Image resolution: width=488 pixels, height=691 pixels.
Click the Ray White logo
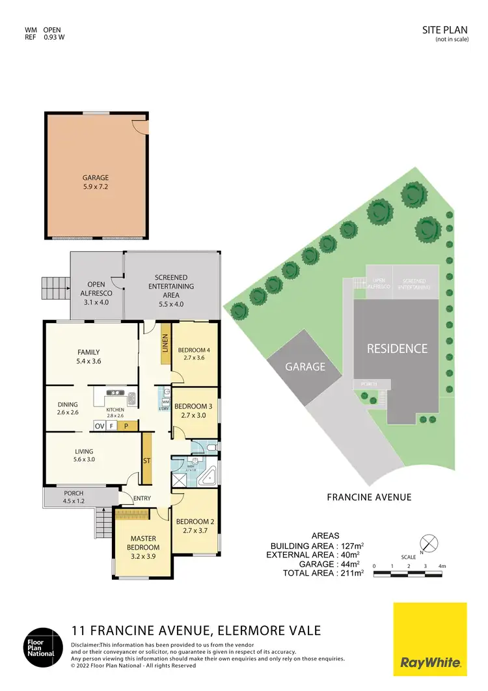click(x=430, y=638)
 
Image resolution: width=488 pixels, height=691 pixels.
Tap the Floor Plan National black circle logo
click(x=44, y=647)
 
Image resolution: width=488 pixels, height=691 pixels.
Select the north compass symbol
click(x=427, y=542)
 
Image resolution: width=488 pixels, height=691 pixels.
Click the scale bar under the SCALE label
click(x=408, y=574)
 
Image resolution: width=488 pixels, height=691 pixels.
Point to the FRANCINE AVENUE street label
click(x=368, y=497)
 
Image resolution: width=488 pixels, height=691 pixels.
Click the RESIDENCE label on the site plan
click(x=397, y=348)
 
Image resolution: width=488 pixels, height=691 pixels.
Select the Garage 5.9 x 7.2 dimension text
click(x=96, y=187)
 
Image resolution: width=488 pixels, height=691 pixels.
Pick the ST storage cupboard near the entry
click(x=146, y=460)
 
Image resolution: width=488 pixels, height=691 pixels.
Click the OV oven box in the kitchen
click(x=100, y=426)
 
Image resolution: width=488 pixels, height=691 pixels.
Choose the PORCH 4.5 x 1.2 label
click(x=69, y=497)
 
